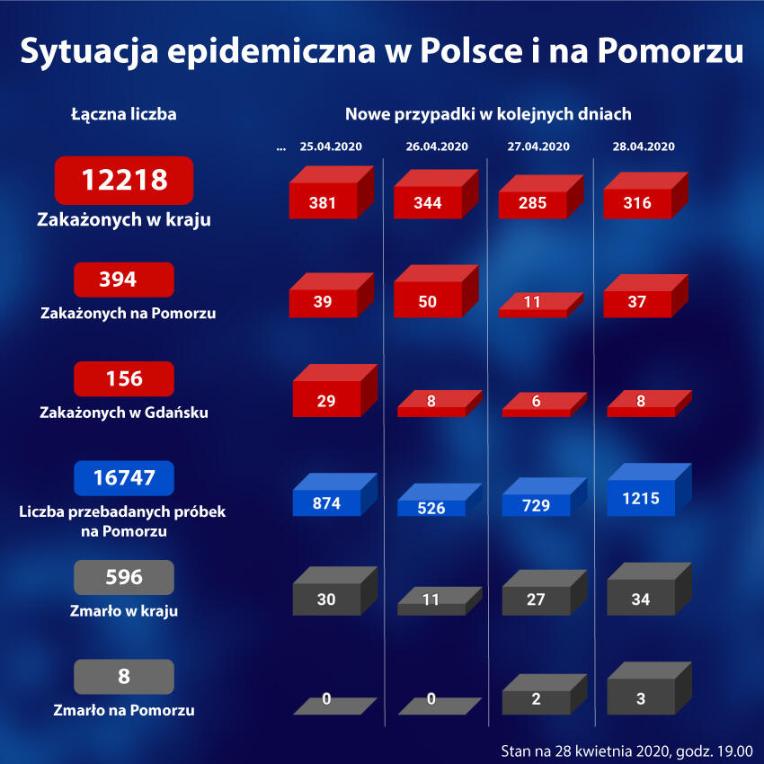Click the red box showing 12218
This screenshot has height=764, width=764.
point(124,180)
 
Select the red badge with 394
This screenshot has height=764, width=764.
point(124,280)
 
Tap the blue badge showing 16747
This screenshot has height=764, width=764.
point(124,479)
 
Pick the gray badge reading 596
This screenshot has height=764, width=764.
point(124,577)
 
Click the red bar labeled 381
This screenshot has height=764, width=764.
point(323,203)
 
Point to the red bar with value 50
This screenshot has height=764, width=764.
point(428,301)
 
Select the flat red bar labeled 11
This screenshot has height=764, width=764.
point(532,303)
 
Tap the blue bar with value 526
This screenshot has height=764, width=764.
point(431,507)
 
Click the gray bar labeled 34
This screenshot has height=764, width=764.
point(640,598)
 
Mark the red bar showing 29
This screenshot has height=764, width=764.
point(326,400)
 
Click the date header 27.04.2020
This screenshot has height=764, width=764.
point(538,147)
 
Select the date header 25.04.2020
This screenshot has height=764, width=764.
point(331,147)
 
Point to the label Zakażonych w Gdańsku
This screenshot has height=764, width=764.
point(124,413)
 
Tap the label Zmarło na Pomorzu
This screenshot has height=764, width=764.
point(124,710)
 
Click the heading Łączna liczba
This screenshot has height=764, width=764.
point(124,114)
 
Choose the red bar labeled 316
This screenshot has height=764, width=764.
point(637,203)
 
